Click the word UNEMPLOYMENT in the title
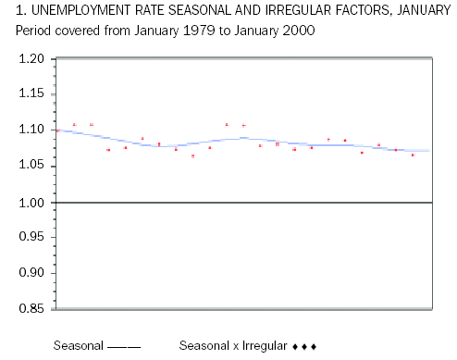pyautogui.click(x=75, y=12)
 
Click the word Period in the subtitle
pyautogui.click(x=33, y=30)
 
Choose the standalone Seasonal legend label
pyautogui.click(x=78, y=346)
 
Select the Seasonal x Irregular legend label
pyautogui.click(x=232, y=346)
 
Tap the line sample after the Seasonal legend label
pyautogui.click(x=124, y=346)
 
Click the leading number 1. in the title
pyautogui.click(x=21, y=12)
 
